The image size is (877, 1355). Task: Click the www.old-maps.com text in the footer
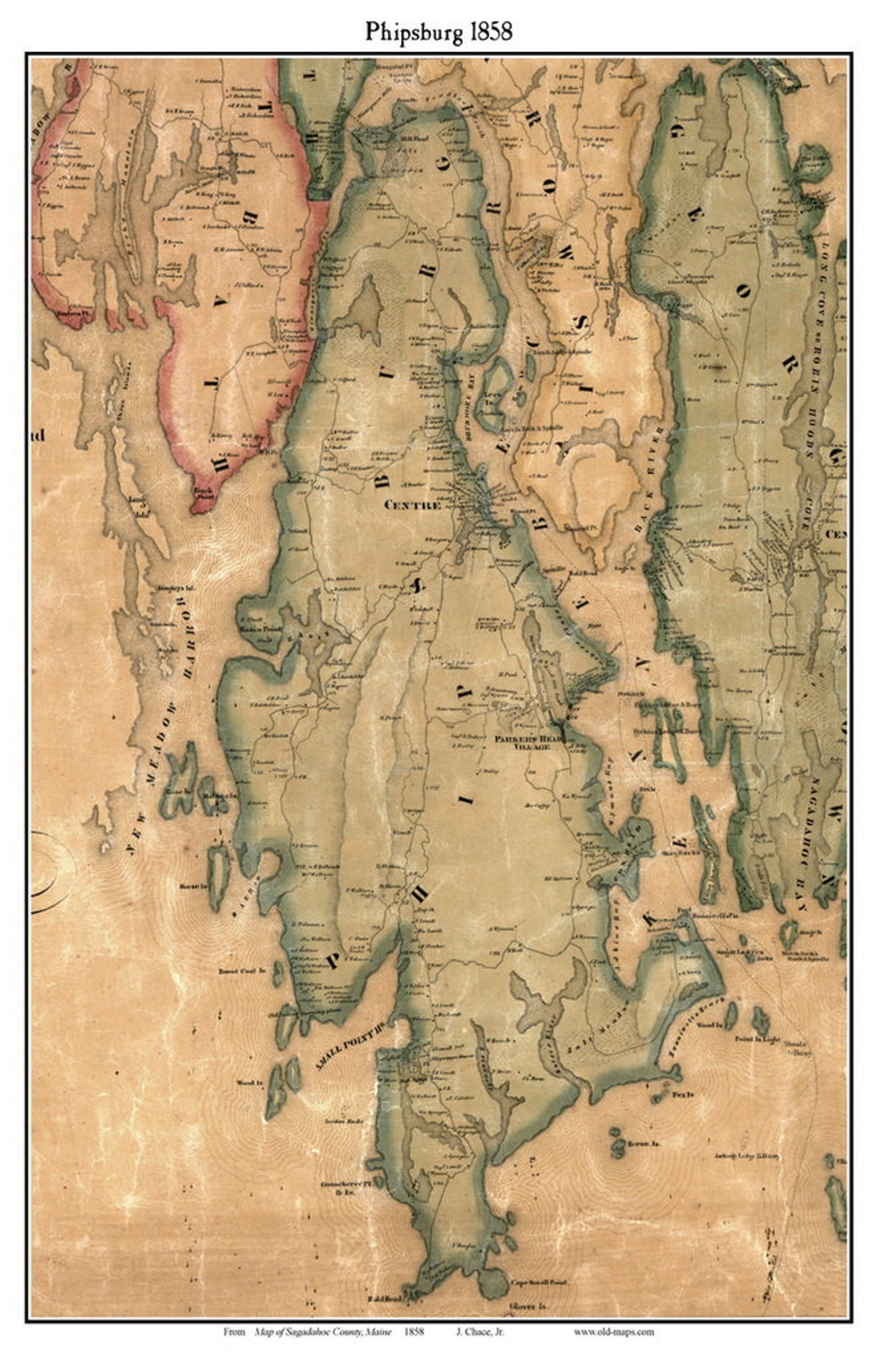tap(613, 1331)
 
